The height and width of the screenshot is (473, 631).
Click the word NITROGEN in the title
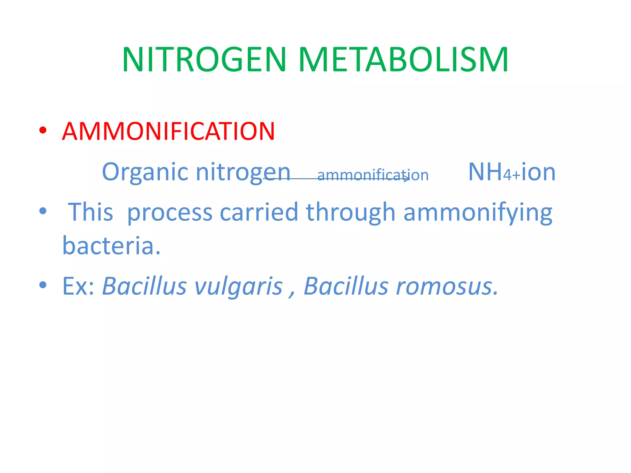pyautogui.click(x=204, y=60)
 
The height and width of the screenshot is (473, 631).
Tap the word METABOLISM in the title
pyautogui.click(x=403, y=60)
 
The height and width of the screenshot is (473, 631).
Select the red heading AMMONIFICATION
pyautogui.click(x=168, y=131)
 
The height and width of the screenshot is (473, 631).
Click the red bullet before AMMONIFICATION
pyautogui.click(x=43, y=130)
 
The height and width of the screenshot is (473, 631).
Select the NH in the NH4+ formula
pyautogui.click(x=485, y=172)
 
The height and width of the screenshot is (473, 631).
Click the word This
pyautogui.click(x=91, y=212)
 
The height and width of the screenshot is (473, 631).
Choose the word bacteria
pyautogui.click(x=111, y=245)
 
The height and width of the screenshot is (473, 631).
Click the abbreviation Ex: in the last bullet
pyautogui.click(x=78, y=286)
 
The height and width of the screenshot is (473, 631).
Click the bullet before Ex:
pyautogui.click(x=43, y=285)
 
